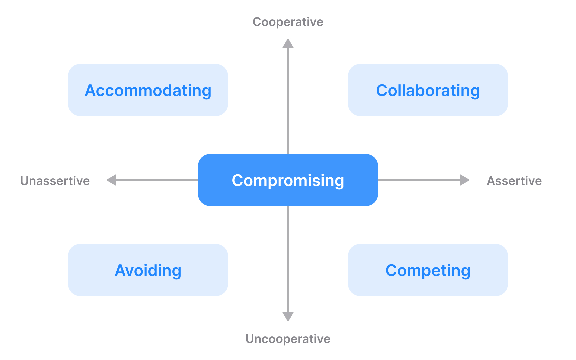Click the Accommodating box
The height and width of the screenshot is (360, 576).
coord(148,90)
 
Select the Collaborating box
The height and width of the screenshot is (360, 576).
coord(428,90)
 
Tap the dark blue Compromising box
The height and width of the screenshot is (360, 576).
coord(288,180)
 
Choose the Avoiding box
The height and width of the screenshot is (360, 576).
coord(148,270)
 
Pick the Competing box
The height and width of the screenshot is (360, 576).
coord(428,270)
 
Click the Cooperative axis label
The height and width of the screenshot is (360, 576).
coord(288,22)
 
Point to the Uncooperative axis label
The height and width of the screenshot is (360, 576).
coord(288,339)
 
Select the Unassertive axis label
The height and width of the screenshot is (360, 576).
coord(55,181)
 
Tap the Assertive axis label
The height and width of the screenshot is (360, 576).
coord(514,181)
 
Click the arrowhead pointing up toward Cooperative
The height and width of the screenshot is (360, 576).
coord(288,44)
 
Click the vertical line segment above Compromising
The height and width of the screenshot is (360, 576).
coord(288,100)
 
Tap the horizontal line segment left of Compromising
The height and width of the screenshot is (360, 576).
coord(157,180)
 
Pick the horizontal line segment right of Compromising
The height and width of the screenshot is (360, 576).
coord(418,180)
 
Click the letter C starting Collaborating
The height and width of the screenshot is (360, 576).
coord(382,90)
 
